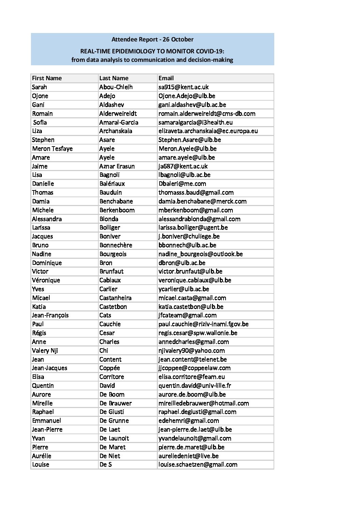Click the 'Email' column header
(166, 78)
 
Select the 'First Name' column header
(47, 78)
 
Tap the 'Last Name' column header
(114, 78)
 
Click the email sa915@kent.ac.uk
(183, 87)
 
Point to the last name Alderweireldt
(118, 114)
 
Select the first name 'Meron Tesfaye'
(52, 149)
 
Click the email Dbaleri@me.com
(182, 184)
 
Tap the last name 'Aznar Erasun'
(117, 166)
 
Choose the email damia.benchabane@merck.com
(202, 201)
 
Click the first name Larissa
(41, 227)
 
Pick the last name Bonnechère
(116, 245)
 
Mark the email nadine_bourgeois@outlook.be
(200, 254)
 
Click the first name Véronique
(46, 280)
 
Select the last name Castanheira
(115, 298)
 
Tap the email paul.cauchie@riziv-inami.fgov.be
(203, 324)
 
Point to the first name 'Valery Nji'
(45, 351)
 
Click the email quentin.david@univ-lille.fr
(195, 386)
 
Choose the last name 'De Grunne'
(114, 421)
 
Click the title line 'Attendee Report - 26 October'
(152, 39)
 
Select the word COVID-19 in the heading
(210, 51)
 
